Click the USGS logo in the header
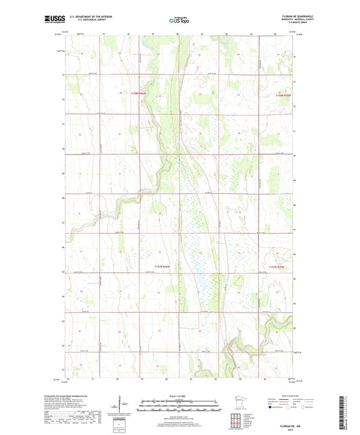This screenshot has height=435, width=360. coord(54,20)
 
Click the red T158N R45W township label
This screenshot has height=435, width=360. coord(286,96)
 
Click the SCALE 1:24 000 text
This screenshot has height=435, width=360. coord(180,395)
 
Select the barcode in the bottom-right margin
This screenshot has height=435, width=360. coord(348,405)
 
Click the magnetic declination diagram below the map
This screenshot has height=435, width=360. coord(123,408)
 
